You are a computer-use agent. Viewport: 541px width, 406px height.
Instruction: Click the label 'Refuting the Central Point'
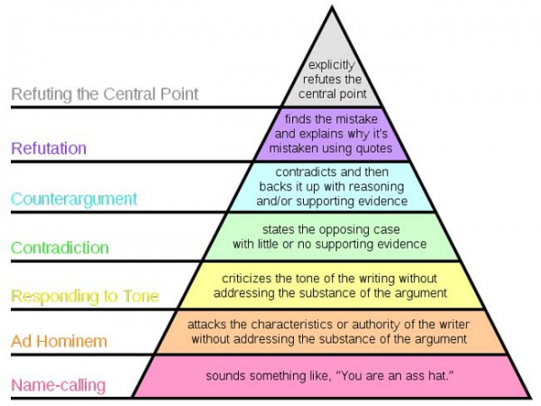click(x=105, y=94)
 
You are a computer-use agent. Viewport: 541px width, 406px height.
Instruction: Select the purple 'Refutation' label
click(x=50, y=148)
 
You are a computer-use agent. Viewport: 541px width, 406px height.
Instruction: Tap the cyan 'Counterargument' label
click(x=75, y=198)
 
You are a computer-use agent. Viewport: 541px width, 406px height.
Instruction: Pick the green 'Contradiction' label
click(x=60, y=247)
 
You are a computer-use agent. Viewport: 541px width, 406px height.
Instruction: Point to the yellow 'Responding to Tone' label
click(x=86, y=295)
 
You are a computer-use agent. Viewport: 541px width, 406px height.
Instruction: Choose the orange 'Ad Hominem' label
click(x=59, y=341)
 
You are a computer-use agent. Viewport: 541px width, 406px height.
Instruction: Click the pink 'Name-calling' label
click(x=59, y=386)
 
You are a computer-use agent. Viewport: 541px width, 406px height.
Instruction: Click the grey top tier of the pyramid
click(x=332, y=77)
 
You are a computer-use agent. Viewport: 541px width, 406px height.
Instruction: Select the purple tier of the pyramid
click(x=332, y=134)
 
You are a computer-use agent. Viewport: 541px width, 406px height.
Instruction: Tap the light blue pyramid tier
click(x=332, y=186)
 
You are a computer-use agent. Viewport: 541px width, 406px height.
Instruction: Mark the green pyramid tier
click(x=332, y=236)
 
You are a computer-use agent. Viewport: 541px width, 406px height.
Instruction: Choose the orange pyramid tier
click(x=332, y=331)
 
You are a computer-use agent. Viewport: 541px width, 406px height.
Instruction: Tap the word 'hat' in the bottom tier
click(x=435, y=374)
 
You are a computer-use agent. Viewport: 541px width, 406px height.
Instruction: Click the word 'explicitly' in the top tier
click(x=331, y=65)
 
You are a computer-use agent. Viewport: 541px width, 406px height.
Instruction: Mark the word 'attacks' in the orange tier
click(x=206, y=323)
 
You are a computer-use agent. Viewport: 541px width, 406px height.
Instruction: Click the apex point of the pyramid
click(x=333, y=6)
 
